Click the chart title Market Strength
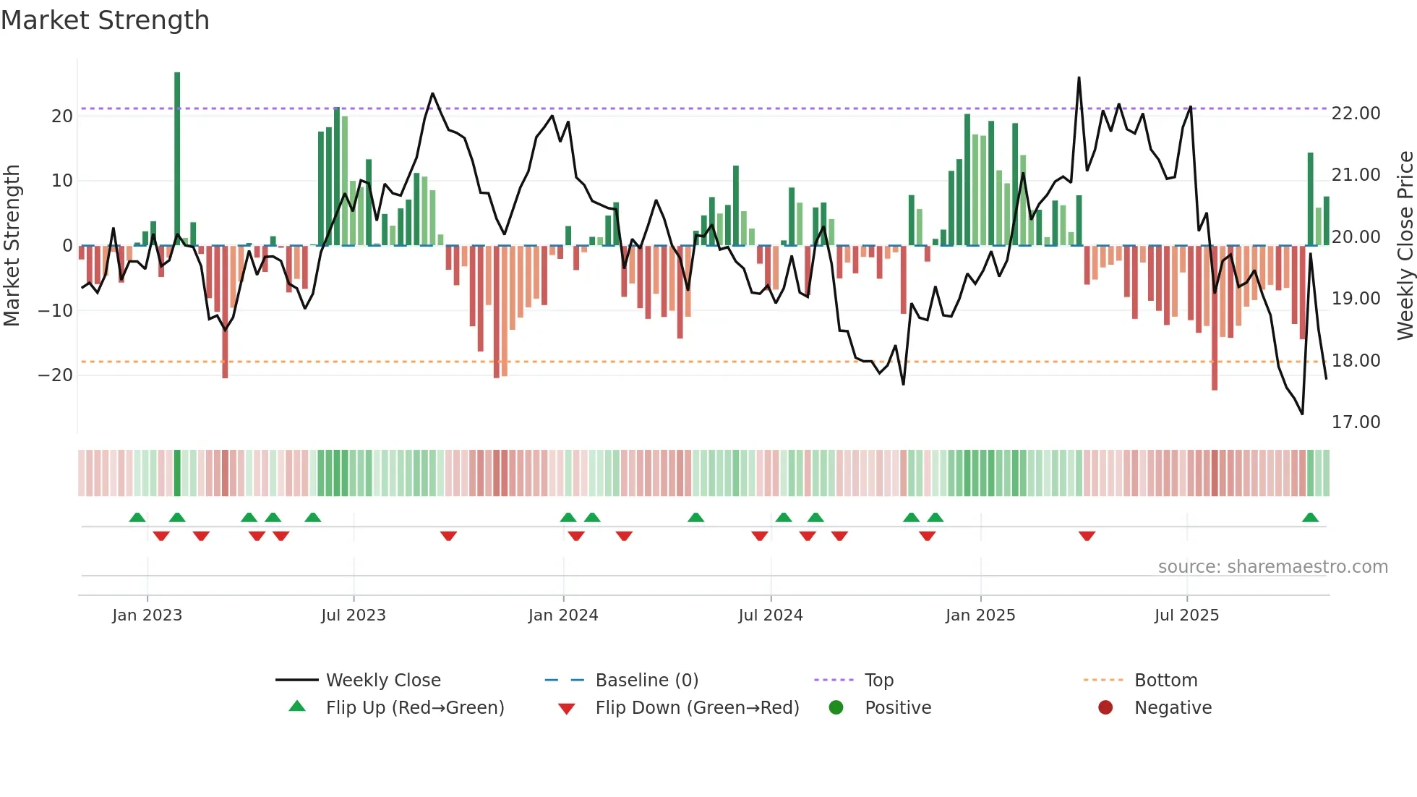coord(105,20)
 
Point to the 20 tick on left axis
coord(62,116)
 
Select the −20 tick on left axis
coord(56,375)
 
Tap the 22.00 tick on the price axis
coord(1356,114)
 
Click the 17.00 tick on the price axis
coord(1356,422)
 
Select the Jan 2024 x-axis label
coord(563,615)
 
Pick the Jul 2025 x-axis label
coord(1186,615)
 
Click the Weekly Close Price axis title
coord(1405,246)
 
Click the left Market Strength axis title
coord(12,246)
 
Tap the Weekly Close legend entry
coord(382,681)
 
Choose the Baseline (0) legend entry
coord(646,681)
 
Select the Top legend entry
coord(878,681)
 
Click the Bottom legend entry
coord(1165,681)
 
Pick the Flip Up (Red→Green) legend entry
coord(414,708)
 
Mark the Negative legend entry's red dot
coord(1105,708)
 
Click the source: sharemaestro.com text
coord(1272,567)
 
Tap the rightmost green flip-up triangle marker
coord(1310,518)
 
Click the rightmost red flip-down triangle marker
coord(1087,536)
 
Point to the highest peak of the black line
coord(1079,78)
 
